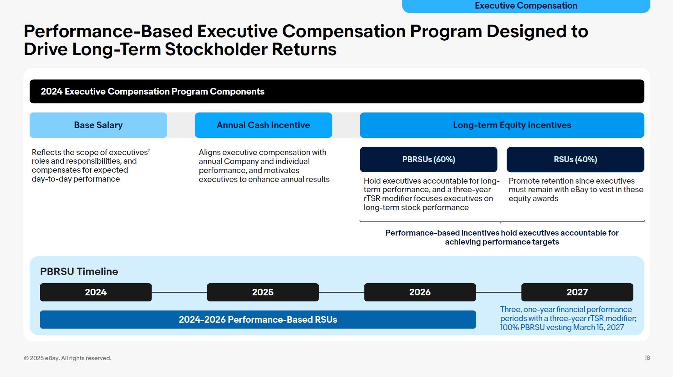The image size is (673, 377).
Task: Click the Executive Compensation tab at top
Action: [x=526, y=6]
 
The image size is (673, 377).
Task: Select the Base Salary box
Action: [x=98, y=125]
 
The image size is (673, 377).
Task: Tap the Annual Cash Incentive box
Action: [x=263, y=125]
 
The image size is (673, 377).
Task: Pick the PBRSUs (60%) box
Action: [x=428, y=159]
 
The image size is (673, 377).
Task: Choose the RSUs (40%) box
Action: [x=575, y=159]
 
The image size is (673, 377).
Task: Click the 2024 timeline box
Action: [x=96, y=292]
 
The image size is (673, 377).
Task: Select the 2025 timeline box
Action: [x=263, y=292]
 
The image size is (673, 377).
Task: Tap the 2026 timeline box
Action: [x=420, y=292]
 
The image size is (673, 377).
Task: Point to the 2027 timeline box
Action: [x=577, y=292]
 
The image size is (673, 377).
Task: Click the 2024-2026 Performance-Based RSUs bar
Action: [x=258, y=320]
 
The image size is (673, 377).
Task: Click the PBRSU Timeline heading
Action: [x=79, y=272]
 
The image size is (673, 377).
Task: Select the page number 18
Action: [x=647, y=358]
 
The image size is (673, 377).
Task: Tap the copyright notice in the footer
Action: [x=68, y=358]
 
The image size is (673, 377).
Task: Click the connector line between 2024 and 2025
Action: [x=179, y=292]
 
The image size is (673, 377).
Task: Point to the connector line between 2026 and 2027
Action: [x=498, y=292]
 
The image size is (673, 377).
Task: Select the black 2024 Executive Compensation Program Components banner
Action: [x=337, y=91]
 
